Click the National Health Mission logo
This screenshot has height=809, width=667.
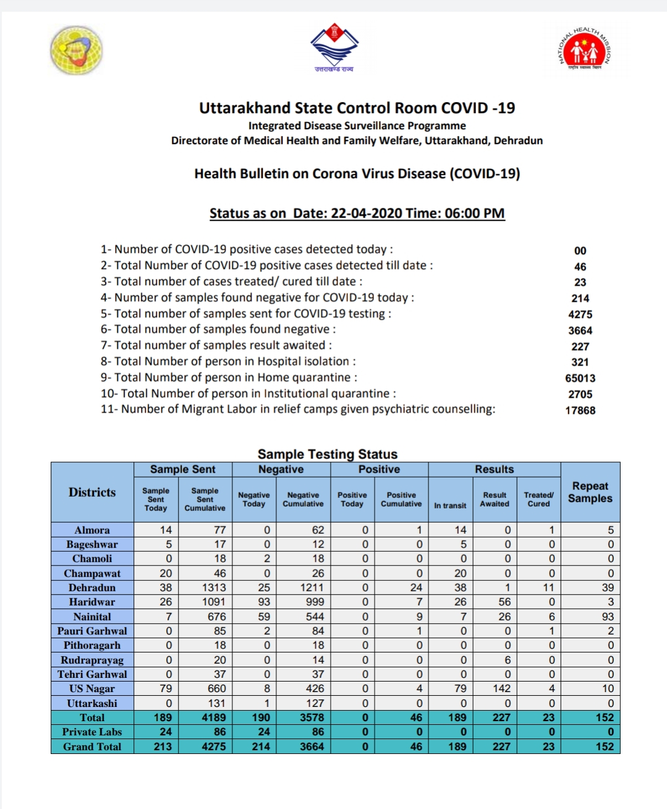pos(585,49)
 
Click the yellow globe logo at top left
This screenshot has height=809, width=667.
pos(77,50)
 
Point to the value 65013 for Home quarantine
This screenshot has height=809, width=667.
pos(580,378)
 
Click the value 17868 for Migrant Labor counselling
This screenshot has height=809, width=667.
pos(580,410)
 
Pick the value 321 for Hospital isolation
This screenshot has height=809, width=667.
pos(580,362)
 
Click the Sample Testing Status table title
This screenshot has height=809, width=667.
pos(327,454)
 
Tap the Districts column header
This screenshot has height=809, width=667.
pos(92,492)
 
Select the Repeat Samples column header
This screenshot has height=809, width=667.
pos(590,492)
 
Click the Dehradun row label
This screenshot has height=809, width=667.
pos(92,588)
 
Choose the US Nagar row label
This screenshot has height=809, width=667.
pos(92,688)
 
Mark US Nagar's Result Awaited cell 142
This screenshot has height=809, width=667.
pos(501,688)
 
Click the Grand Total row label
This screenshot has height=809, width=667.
pos(92,747)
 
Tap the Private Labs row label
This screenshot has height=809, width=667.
pos(92,732)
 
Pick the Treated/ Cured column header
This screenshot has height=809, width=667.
pos(538,499)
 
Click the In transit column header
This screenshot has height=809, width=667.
pos(450,505)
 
